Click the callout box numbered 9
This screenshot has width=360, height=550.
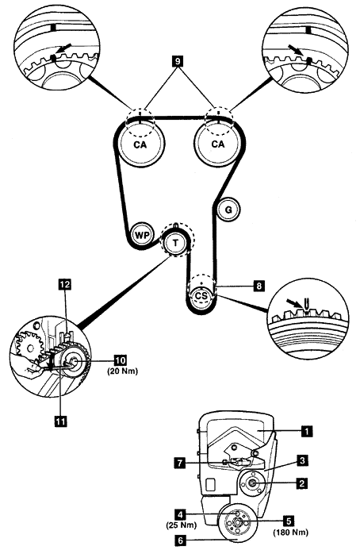(x=178, y=61)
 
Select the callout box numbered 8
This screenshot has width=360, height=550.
(x=259, y=286)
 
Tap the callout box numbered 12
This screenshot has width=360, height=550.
(x=65, y=284)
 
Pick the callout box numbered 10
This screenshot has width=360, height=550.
(x=121, y=360)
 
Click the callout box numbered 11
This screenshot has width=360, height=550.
(x=60, y=421)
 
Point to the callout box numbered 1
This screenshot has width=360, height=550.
(x=307, y=431)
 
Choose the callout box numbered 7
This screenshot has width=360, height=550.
(x=180, y=463)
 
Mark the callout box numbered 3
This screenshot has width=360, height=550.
(x=302, y=460)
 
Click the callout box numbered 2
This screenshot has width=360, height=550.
(x=301, y=483)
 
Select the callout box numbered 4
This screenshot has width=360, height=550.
(x=180, y=515)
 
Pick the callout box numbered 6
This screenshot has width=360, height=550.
(x=181, y=540)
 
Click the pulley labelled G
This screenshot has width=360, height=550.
(x=228, y=210)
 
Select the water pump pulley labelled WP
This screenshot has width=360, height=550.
(x=142, y=235)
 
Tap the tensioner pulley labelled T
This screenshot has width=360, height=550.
(x=175, y=242)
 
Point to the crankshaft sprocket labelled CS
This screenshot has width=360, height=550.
(x=201, y=296)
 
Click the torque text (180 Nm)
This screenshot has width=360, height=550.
(x=290, y=533)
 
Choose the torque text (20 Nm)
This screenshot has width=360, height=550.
(x=122, y=371)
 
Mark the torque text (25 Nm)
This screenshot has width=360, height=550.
(x=181, y=525)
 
